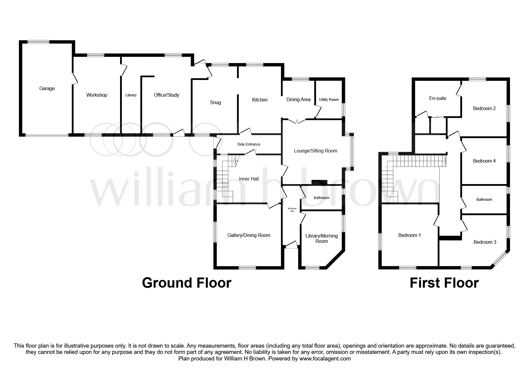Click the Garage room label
(x=47, y=89)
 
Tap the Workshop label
(x=96, y=95)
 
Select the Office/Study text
(x=166, y=95)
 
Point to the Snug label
(x=215, y=103)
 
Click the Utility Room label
(x=329, y=100)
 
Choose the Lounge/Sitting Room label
(x=315, y=151)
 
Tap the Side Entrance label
(x=249, y=144)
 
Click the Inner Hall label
(x=249, y=179)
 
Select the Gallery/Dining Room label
(x=249, y=235)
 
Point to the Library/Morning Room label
(x=321, y=238)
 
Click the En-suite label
(x=437, y=98)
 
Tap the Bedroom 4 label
(x=484, y=161)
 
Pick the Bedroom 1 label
(x=409, y=235)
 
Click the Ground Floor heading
(x=186, y=283)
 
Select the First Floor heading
(x=444, y=283)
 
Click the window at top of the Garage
(x=39, y=42)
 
